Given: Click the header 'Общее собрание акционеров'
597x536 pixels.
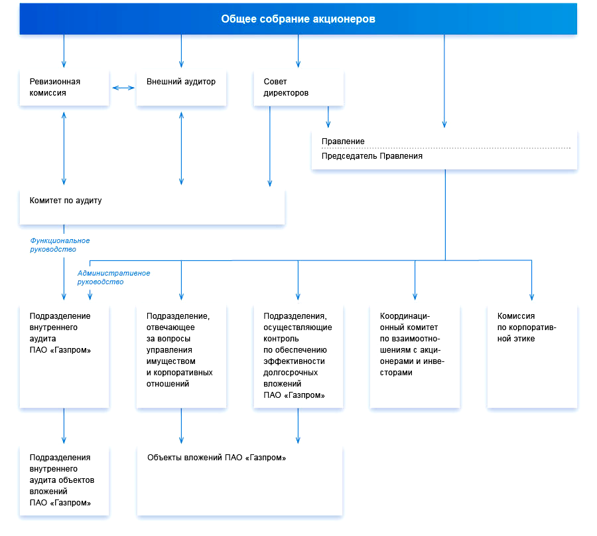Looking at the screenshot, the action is [298, 19].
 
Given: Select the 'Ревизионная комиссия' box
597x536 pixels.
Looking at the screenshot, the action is [64, 88].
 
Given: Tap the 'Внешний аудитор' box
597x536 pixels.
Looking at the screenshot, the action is [181, 88].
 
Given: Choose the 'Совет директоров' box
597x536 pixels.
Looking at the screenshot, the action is [298, 88].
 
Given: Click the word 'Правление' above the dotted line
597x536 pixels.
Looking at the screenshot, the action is [343, 141].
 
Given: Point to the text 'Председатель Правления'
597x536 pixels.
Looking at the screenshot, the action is [372, 156].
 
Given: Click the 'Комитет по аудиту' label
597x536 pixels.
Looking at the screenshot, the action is [66, 201].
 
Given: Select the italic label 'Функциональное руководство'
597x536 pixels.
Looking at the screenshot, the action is [60, 244].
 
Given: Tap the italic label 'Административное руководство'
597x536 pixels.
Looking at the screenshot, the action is [113, 278].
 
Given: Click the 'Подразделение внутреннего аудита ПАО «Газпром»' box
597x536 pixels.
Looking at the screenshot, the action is [64, 357].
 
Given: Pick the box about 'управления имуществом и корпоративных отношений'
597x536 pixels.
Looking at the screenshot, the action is [181, 357].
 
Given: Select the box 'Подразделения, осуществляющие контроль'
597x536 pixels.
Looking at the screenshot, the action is [298, 357].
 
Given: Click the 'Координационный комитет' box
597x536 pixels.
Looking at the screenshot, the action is [415, 357].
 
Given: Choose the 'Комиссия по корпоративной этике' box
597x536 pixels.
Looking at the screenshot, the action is [532, 357].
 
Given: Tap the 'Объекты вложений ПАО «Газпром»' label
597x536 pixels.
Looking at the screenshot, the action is [217, 458].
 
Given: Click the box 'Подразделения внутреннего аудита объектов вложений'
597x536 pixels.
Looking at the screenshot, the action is [64, 481].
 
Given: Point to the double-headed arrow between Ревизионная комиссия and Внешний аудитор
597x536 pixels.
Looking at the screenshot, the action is [123, 88].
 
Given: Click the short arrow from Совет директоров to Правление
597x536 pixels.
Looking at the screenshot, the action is [328, 117].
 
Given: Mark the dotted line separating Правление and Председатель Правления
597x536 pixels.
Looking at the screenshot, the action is [446, 148].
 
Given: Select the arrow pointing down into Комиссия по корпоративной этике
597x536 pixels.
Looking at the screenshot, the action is [532, 280].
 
